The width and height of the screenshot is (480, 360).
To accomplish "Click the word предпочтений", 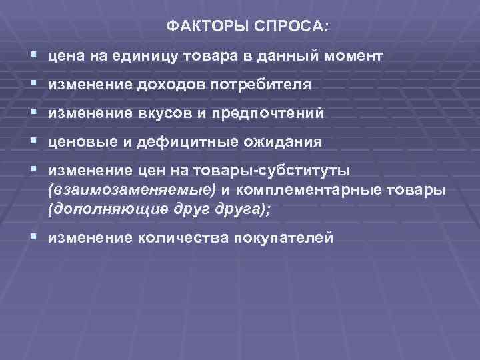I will pyautogui.click(x=268, y=114).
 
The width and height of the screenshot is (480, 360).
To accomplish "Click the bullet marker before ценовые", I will pyautogui.click(x=33, y=142).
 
